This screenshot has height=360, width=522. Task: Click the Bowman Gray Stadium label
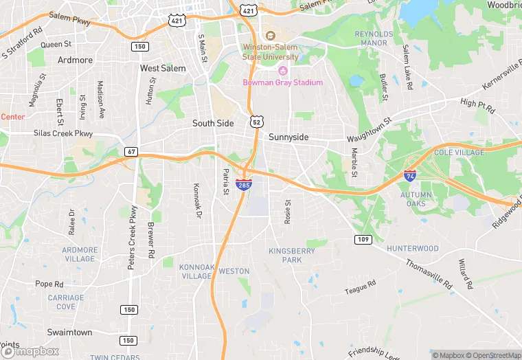pyautogui.click(x=282, y=82)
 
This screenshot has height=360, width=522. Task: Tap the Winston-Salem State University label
pyautogui.click(x=271, y=52)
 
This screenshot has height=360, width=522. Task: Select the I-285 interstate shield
pyautogui.click(x=243, y=184)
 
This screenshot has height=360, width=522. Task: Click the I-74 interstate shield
pyautogui.click(x=410, y=176)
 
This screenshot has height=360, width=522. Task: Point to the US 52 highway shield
pyautogui.click(x=256, y=122)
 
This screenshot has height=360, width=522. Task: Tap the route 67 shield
pyautogui.click(x=130, y=150)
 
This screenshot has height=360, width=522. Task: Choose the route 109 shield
pyautogui.click(x=364, y=239)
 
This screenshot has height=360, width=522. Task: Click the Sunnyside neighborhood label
pyautogui.click(x=288, y=137)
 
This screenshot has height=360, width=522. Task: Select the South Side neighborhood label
pyautogui.click(x=213, y=124)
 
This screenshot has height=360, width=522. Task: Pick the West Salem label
pyautogui.click(x=163, y=69)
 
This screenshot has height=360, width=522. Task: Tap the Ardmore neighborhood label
pyautogui.click(x=75, y=60)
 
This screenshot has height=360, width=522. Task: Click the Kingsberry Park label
pyautogui.click(x=293, y=256)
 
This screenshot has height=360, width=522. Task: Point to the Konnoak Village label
pyautogui.click(x=196, y=271)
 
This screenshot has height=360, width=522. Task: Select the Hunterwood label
pyautogui.click(x=412, y=248)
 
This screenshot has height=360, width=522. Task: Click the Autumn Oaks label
pyautogui.click(x=417, y=199)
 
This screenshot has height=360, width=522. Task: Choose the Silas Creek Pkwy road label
pyautogui.click(x=63, y=133)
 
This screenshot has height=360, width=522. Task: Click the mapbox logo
pyautogui.click(x=30, y=351)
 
